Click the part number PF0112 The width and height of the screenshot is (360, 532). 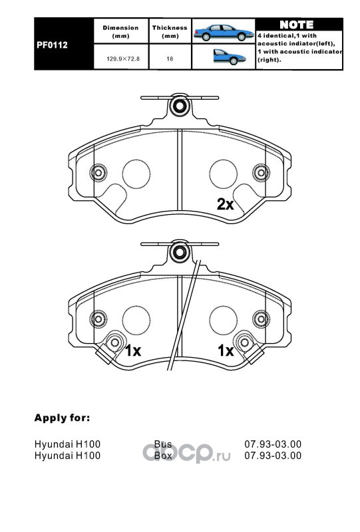52,45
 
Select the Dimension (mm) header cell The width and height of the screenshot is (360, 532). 120,31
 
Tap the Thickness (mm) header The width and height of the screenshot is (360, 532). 170,31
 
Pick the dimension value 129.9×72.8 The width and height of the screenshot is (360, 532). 123,59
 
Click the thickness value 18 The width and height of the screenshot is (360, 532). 170,59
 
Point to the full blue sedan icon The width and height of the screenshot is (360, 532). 224,33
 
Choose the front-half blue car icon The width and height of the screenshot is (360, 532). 230,57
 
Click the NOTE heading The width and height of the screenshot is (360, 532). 297,25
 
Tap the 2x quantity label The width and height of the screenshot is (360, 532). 225,204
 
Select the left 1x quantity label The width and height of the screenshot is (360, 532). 133,350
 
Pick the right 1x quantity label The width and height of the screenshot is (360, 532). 226,350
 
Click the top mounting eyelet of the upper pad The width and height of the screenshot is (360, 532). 179,106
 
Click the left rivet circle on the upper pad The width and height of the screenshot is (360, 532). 98,173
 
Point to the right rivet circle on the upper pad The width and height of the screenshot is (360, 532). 261,173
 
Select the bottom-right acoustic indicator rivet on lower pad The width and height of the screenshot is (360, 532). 245,342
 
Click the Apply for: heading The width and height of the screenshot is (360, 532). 62,418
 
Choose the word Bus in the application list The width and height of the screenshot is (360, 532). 163,444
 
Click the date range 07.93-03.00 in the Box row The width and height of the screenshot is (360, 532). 273,456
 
